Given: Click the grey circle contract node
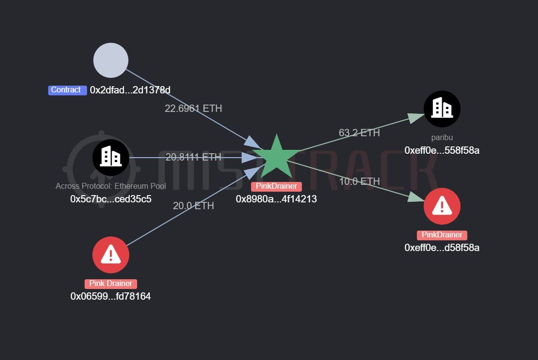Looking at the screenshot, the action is point(111,60).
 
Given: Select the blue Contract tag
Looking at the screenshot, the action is point(67,90).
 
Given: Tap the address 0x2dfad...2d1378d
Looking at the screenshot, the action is point(130,90).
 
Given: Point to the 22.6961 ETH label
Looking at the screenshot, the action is point(193,108).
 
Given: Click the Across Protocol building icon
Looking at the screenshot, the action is point(111,158).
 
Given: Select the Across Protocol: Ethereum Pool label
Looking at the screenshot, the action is point(111,186).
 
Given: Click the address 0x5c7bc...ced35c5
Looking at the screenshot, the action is point(111,199).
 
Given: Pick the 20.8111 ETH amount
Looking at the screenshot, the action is point(193,157).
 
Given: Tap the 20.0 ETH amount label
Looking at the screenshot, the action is point(193,206).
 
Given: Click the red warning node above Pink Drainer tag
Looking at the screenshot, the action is point(111,255).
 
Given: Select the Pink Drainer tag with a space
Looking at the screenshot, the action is point(111,284).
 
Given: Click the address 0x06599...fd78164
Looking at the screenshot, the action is point(110,296).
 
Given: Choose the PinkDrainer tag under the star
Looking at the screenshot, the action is point(276,186).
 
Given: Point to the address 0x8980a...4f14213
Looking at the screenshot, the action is point(276,199).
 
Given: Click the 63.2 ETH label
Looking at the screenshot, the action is point(359,133).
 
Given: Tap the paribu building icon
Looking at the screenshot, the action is point(442,109).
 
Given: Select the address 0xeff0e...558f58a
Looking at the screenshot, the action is point(442,150).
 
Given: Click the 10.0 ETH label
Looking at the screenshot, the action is point(359,181).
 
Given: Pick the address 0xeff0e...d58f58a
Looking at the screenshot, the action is point(442,248).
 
